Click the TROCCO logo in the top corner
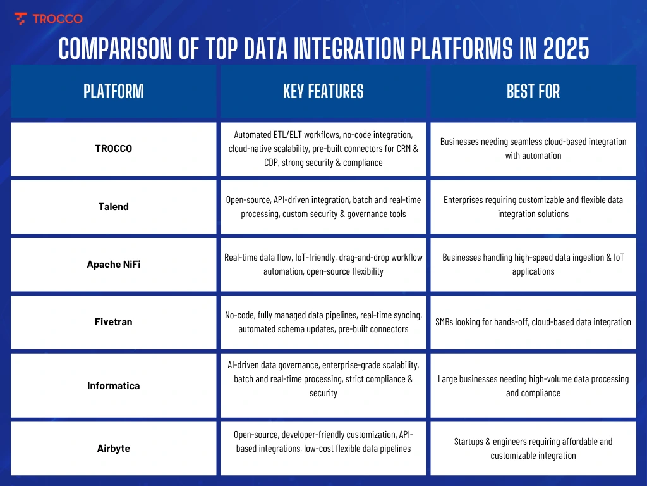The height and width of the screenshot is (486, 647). coord(48,18)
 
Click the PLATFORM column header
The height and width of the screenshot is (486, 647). coord(114,91)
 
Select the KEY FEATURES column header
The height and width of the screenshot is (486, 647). coord(323,91)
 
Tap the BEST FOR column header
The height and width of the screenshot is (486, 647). coord(533,91)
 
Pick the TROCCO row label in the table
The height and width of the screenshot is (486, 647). coord(114,149)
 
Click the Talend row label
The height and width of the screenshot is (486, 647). coord(114,206)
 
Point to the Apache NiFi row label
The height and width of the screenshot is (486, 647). coord(114,264)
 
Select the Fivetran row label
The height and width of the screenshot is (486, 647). coord(114,321)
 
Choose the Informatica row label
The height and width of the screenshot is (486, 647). coord(114,385)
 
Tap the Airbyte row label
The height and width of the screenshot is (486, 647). coord(114,448)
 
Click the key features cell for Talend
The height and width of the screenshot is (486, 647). coord(323,206)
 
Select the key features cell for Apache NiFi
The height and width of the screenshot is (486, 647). coord(323,264)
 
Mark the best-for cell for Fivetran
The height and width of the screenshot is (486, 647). coord(533,321)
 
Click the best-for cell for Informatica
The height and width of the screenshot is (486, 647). coord(533,385)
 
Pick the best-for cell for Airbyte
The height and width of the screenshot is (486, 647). coord(533,448)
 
